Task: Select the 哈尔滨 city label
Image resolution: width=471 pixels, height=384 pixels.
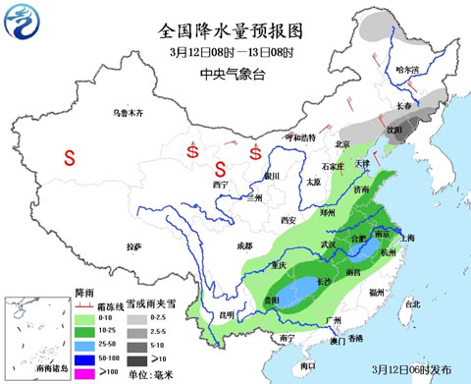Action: coord(405,71)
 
